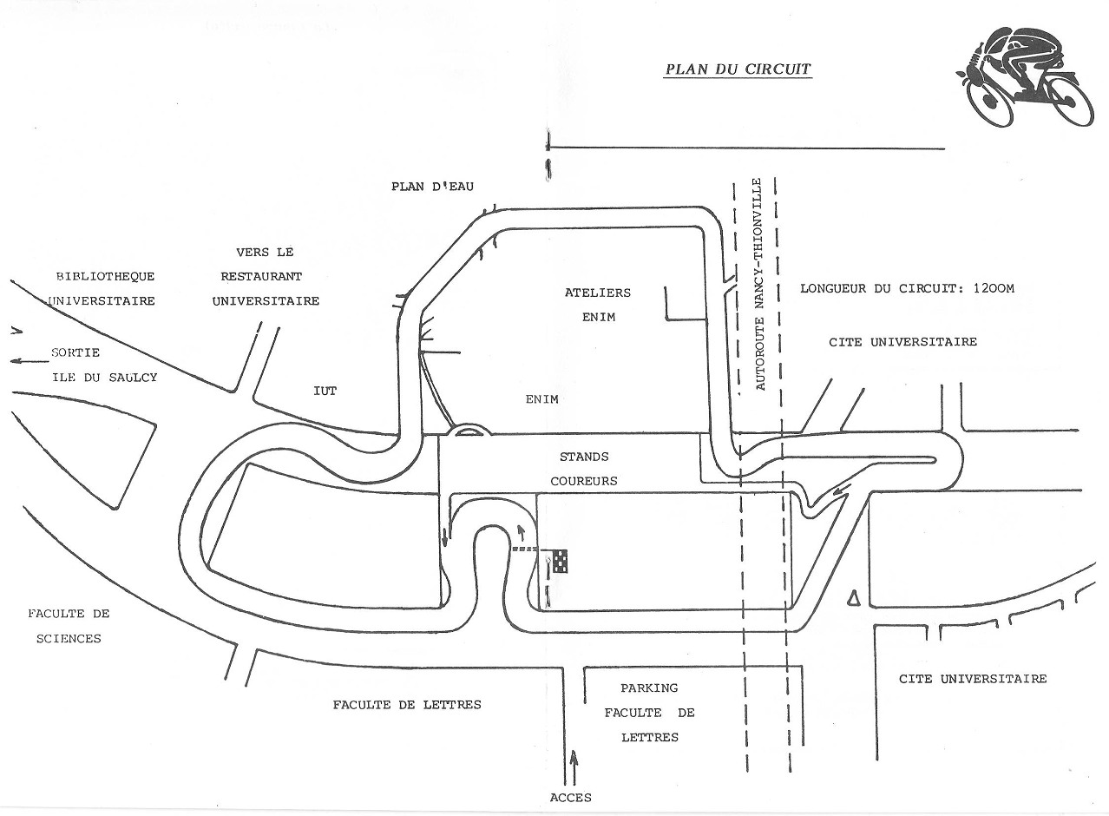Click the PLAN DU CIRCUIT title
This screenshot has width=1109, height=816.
[738, 69]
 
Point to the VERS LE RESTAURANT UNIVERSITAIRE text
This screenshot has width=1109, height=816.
[266, 277]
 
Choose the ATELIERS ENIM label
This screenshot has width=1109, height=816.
[598, 305]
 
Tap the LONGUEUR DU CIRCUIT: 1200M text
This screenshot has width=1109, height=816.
[907, 289]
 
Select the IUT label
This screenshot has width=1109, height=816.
[325, 392]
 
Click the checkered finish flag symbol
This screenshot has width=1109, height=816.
[561, 560]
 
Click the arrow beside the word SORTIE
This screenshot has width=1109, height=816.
[26, 360]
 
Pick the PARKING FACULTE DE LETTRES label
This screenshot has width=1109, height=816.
[650, 713]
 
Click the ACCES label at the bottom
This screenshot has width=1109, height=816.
[572, 798]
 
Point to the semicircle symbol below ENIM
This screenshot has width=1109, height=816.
[469, 429]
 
